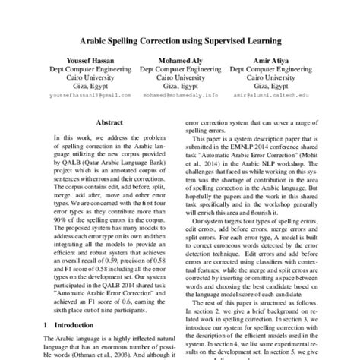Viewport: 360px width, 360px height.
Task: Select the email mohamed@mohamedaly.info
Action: click(179, 96)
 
